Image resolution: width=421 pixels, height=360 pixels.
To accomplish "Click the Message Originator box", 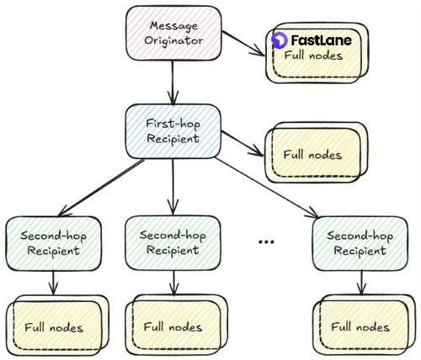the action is (x=173, y=33).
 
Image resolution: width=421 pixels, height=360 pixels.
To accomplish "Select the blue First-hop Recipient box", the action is (x=173, y=131).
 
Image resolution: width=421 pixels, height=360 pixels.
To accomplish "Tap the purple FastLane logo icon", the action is (x=280, y=40).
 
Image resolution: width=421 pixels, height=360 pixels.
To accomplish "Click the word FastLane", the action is (x=321, y=40).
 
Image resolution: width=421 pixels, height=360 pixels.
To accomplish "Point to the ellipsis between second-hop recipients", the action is (x=266, y=241).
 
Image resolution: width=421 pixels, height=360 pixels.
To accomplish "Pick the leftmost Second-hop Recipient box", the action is (x=53, y=243).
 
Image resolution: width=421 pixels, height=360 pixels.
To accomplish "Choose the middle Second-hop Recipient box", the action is (x=173, y=243).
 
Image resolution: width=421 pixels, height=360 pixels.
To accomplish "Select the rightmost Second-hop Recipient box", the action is (x=360, y=243).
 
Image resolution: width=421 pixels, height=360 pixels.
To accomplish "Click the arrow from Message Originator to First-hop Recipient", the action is (x=173, y=82).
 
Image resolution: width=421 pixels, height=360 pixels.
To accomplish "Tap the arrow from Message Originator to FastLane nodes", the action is (x=243, y=44).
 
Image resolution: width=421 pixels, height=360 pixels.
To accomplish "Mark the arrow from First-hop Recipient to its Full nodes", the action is (x=242, y=143).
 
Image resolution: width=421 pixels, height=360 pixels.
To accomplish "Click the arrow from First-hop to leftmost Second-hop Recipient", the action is (x=101, y=188).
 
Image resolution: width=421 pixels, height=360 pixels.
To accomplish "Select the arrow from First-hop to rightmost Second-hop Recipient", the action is (x=267, y=188).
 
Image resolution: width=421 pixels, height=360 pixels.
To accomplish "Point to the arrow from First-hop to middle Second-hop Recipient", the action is (x=173, y=187).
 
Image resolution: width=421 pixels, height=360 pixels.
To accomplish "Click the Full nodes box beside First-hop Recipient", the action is (x=317, y=152).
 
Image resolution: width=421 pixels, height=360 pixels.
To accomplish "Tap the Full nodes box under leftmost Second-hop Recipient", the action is (x=57, y=326).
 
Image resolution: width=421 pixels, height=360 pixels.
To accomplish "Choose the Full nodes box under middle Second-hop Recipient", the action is (x=177, y=325).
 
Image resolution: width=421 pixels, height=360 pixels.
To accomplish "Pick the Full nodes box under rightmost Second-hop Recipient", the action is (x=364, y=325).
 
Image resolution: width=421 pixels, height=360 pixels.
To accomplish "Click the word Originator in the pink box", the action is (x=173, y=41).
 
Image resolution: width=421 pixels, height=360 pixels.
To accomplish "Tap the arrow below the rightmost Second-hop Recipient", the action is (x=361, y=283).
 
